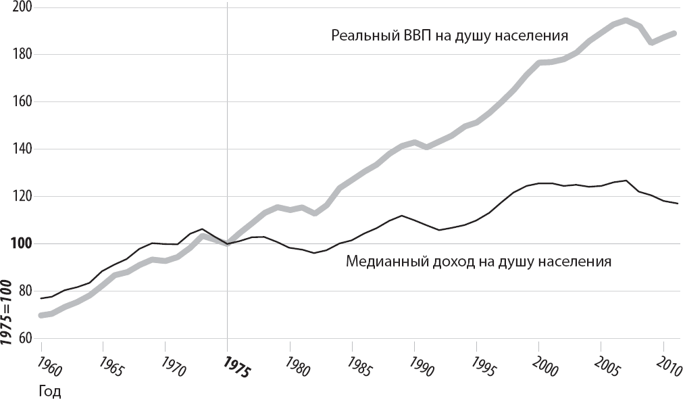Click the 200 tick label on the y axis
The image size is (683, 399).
(25, 7)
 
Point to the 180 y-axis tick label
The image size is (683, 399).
(25, 55)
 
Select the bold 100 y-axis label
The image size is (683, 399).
(24, 244)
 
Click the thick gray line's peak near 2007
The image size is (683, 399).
(626, 20)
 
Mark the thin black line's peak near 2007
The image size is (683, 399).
(626, 181)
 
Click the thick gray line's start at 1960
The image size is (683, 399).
(41, 315)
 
